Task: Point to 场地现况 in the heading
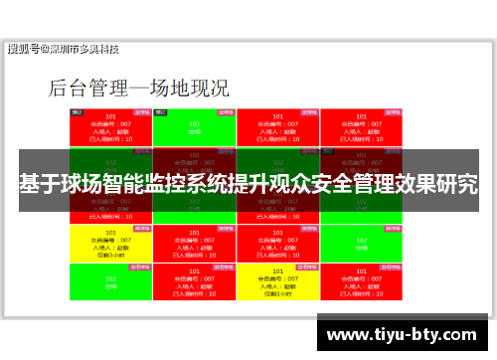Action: pyautogui.click(x=189, y=88)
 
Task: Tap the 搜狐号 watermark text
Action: pyautogui.click(x=25, y=49)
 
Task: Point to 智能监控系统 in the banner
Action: pyautogui.click(x=175, y=186)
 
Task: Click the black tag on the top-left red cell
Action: pyautogui.click(x=77, y=112)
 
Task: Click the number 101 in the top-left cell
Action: pyautogui.click(x=110, y=116)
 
